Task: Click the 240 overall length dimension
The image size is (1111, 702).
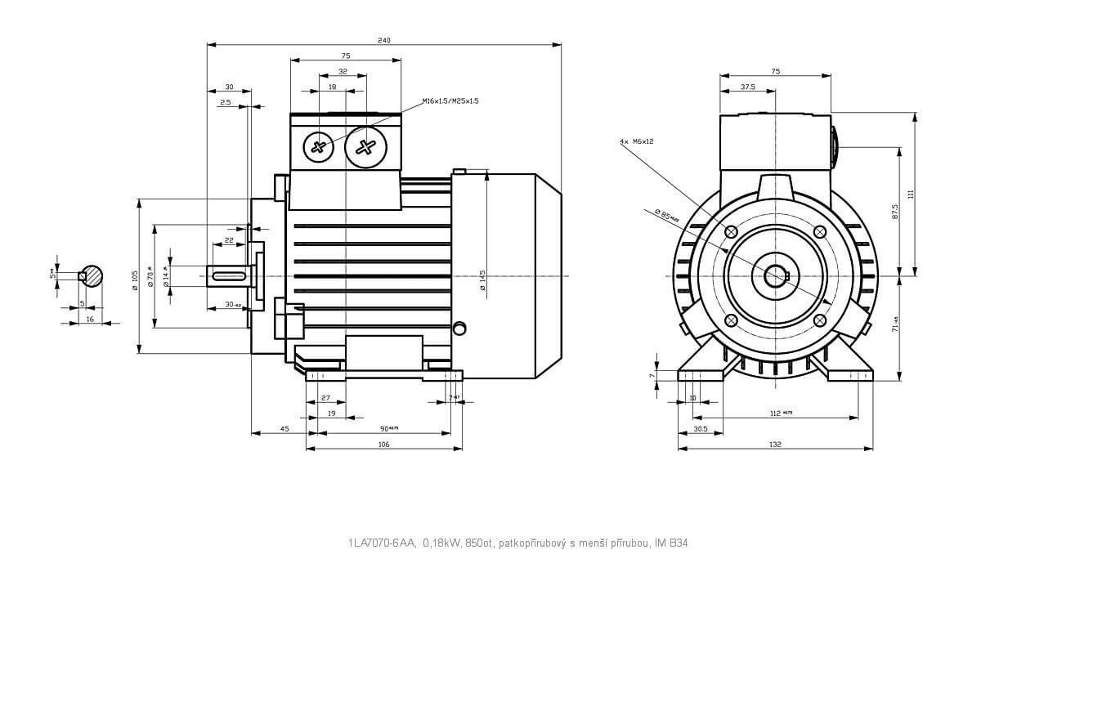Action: (384, 40)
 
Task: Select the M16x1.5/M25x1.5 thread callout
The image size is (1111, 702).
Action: (450, 101)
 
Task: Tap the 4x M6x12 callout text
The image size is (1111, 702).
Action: (637, 141)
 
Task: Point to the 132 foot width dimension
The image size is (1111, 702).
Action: (775, 445)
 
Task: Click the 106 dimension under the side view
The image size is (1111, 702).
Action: (383, 445)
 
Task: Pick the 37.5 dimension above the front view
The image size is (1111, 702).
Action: (747, 87)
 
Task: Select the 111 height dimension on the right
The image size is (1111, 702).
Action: (910, 194)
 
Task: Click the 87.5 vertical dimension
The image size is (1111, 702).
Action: (895, 212)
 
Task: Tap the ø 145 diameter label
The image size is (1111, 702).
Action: (482, 280)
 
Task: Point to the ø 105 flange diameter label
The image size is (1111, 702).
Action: (135, 276)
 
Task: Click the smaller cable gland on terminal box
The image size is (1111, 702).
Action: (319, 147)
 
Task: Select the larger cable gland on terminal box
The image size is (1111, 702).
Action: (365, 147)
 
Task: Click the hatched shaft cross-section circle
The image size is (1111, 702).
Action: (92, 275)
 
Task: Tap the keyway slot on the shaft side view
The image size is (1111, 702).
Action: (228, 276)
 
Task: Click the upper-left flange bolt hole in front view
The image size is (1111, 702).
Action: (731, 231)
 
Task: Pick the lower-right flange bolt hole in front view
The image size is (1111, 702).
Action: (820, 320)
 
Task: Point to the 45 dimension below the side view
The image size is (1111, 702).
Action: (284, 428)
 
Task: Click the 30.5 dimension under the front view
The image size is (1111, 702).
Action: (700, 428)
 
